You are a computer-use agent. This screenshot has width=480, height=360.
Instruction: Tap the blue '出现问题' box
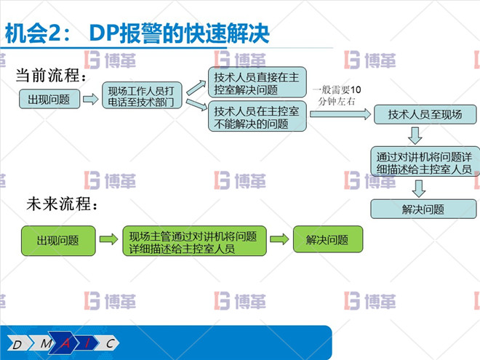pos(49,100)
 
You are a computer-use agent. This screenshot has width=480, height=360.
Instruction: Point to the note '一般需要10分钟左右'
pos(335,95)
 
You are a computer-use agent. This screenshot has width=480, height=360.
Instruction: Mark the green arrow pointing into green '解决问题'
pos(279,239)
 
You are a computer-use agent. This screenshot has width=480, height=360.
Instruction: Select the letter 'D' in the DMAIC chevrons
pos(17,343)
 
